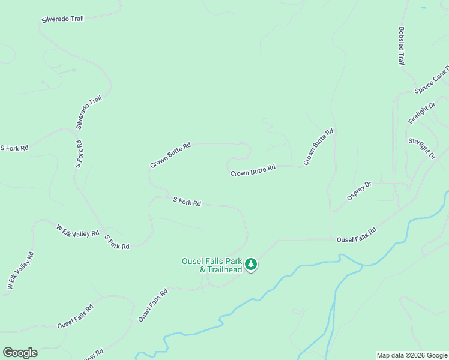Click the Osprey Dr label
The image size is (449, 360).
tap(360, 191)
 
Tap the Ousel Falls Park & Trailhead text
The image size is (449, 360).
tap(212, 265)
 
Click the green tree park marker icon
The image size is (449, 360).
tap(251, 263)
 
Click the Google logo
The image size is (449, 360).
tap(20, 353)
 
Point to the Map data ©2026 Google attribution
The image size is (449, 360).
tap(412, 355)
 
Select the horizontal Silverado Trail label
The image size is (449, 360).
tap(62, 19)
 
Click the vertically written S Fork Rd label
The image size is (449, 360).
tap(79, 154)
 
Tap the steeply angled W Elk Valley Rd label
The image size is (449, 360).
tap(20, 272)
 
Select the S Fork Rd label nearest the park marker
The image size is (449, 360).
tap(187, 202)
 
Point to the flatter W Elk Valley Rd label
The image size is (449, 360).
tap(77, 231)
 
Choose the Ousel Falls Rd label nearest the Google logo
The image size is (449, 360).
tap(75, 316)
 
